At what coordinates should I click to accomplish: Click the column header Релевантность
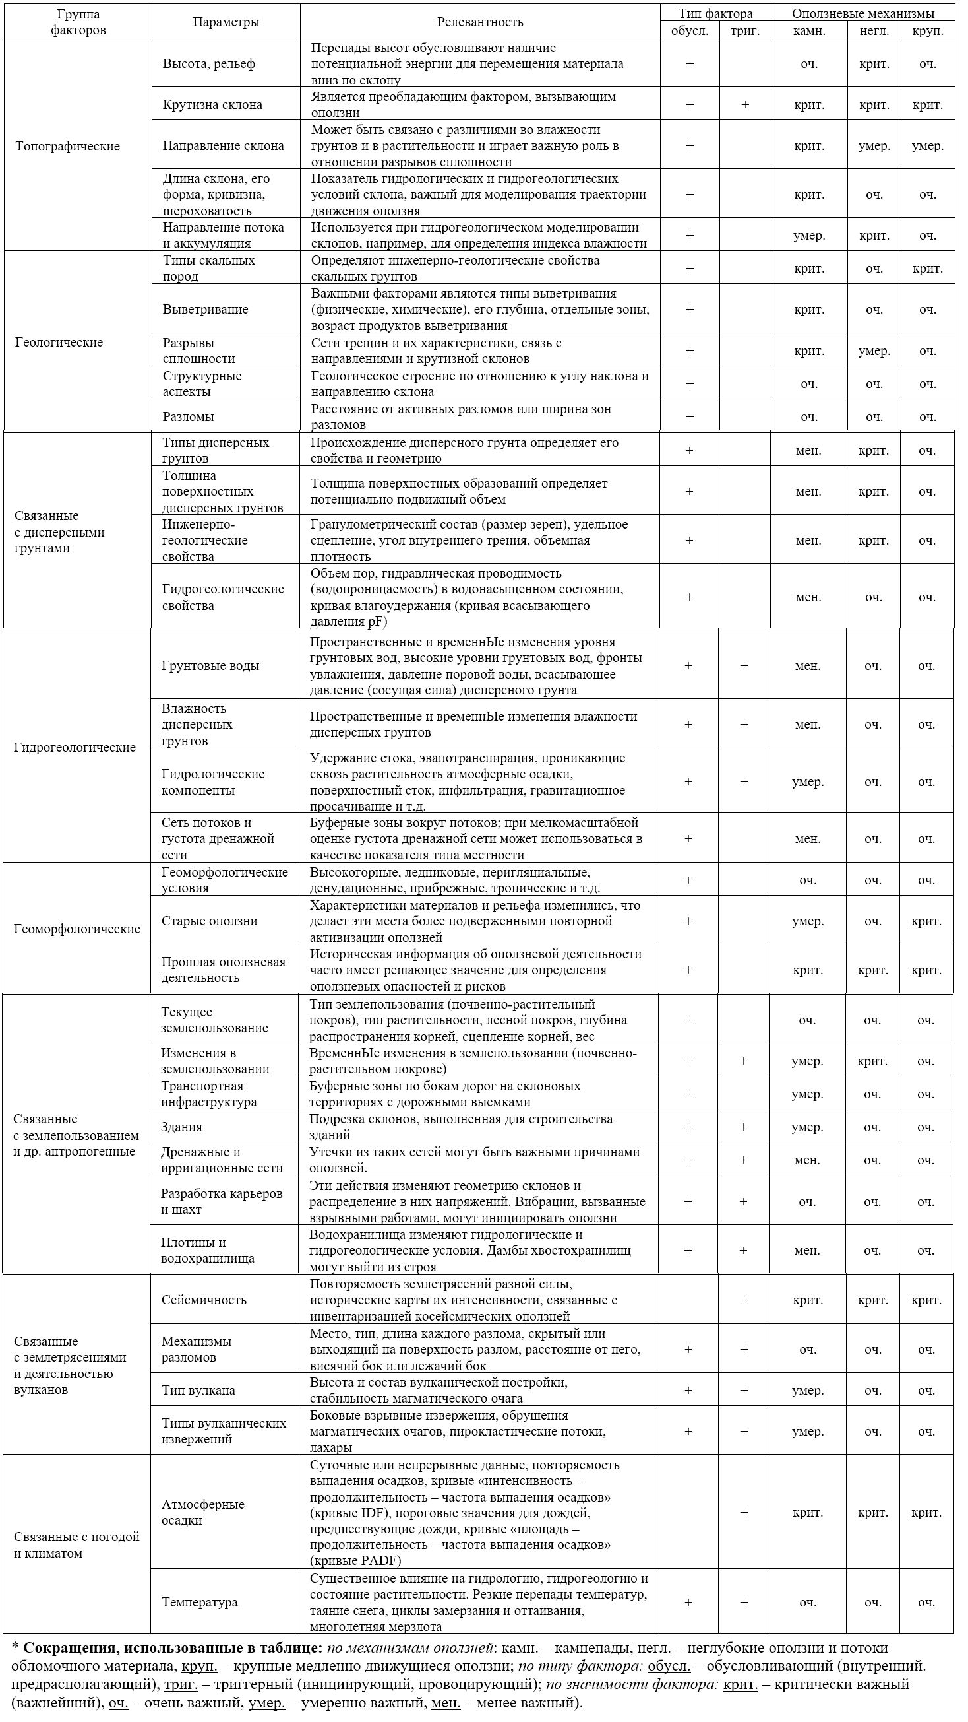(479, 22)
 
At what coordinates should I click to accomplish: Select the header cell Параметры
(226, 22)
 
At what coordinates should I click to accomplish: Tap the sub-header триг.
(745, 31)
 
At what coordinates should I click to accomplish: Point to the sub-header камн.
(809, 31)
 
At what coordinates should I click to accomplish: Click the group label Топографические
(67, 146)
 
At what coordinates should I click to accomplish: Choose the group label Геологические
(59, 343)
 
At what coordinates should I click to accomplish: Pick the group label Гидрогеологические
(74, 747)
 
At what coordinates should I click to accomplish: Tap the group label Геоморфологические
(77, 929)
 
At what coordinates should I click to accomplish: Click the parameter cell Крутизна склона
(212, 104)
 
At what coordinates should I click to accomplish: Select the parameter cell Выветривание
(205, 309)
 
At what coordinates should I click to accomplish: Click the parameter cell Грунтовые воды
(210, 665)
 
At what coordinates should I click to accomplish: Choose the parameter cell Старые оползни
(209, 921)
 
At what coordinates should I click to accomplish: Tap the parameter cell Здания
(181, 1127)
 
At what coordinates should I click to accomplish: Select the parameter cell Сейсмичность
(204, 1300)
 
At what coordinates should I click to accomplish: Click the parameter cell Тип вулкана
(198, 1390)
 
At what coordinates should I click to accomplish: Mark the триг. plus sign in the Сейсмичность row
(744, 1300)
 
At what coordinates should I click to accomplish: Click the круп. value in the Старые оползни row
(926, 921)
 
